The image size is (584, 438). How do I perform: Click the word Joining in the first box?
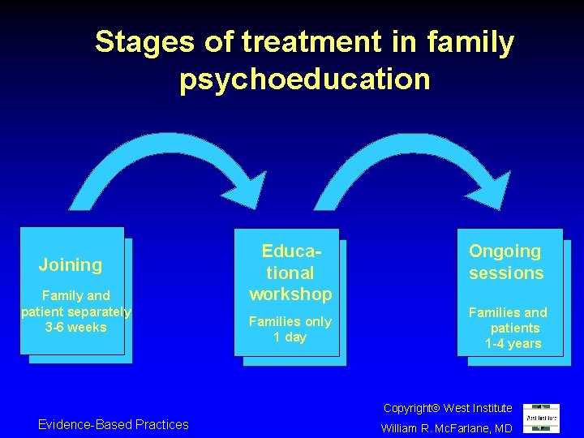pos(71,264)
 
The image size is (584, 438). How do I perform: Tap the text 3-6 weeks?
pos(75,327)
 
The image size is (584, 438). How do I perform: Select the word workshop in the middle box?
pos(290,294)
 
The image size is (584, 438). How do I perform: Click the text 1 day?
pos(290,337)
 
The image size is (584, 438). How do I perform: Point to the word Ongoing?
pos(505,251)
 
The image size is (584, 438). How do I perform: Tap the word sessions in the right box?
pos(506,273)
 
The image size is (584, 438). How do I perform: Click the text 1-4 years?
pos(513,343)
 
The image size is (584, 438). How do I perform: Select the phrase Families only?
pos(290,321)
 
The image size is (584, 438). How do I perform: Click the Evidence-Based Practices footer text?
pos(113,424)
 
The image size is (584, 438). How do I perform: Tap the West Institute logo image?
pos(540,419)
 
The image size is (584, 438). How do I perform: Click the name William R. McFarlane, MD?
pos(447,427)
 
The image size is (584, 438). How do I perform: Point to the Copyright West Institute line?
pos(448,408)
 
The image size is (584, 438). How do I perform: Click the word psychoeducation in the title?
pos(304,79)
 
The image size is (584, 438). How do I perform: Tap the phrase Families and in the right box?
pos(508,312)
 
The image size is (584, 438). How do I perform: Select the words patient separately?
pos(75,311)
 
